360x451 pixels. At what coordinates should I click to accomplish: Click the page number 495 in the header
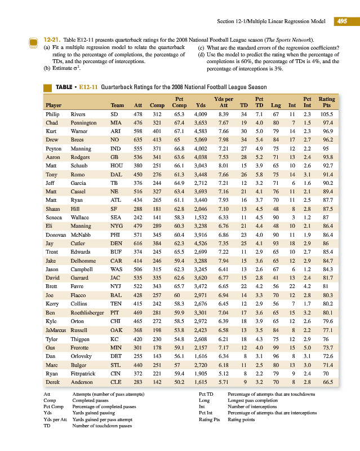pos(341,21)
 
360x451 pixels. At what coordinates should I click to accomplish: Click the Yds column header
pos(201,105)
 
